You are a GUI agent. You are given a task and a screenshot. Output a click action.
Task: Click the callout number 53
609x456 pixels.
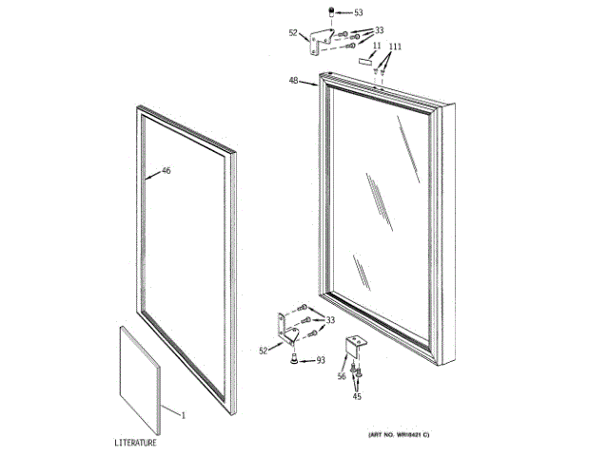358,13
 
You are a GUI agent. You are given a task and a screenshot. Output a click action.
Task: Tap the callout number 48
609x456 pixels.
294,82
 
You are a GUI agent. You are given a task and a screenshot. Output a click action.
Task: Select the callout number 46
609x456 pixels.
166,171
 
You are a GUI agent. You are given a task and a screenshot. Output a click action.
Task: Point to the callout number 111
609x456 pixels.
395,47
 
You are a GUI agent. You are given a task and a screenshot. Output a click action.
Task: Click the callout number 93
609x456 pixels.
321,359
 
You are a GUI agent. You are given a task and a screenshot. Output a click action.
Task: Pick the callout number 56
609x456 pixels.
341,376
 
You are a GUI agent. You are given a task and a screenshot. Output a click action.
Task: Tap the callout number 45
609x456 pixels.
357,396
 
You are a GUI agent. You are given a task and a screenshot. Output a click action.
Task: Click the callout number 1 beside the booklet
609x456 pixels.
184,415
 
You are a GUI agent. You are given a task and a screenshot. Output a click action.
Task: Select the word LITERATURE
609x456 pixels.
137,443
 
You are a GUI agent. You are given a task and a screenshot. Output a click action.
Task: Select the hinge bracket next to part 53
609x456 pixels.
321,39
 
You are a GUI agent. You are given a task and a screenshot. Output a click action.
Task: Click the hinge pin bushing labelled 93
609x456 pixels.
295,358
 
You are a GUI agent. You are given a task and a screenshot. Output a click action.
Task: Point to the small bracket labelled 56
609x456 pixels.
357,346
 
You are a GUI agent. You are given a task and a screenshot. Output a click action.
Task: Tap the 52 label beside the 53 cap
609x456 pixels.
293,33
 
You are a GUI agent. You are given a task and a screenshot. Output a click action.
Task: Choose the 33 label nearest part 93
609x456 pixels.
330,320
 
